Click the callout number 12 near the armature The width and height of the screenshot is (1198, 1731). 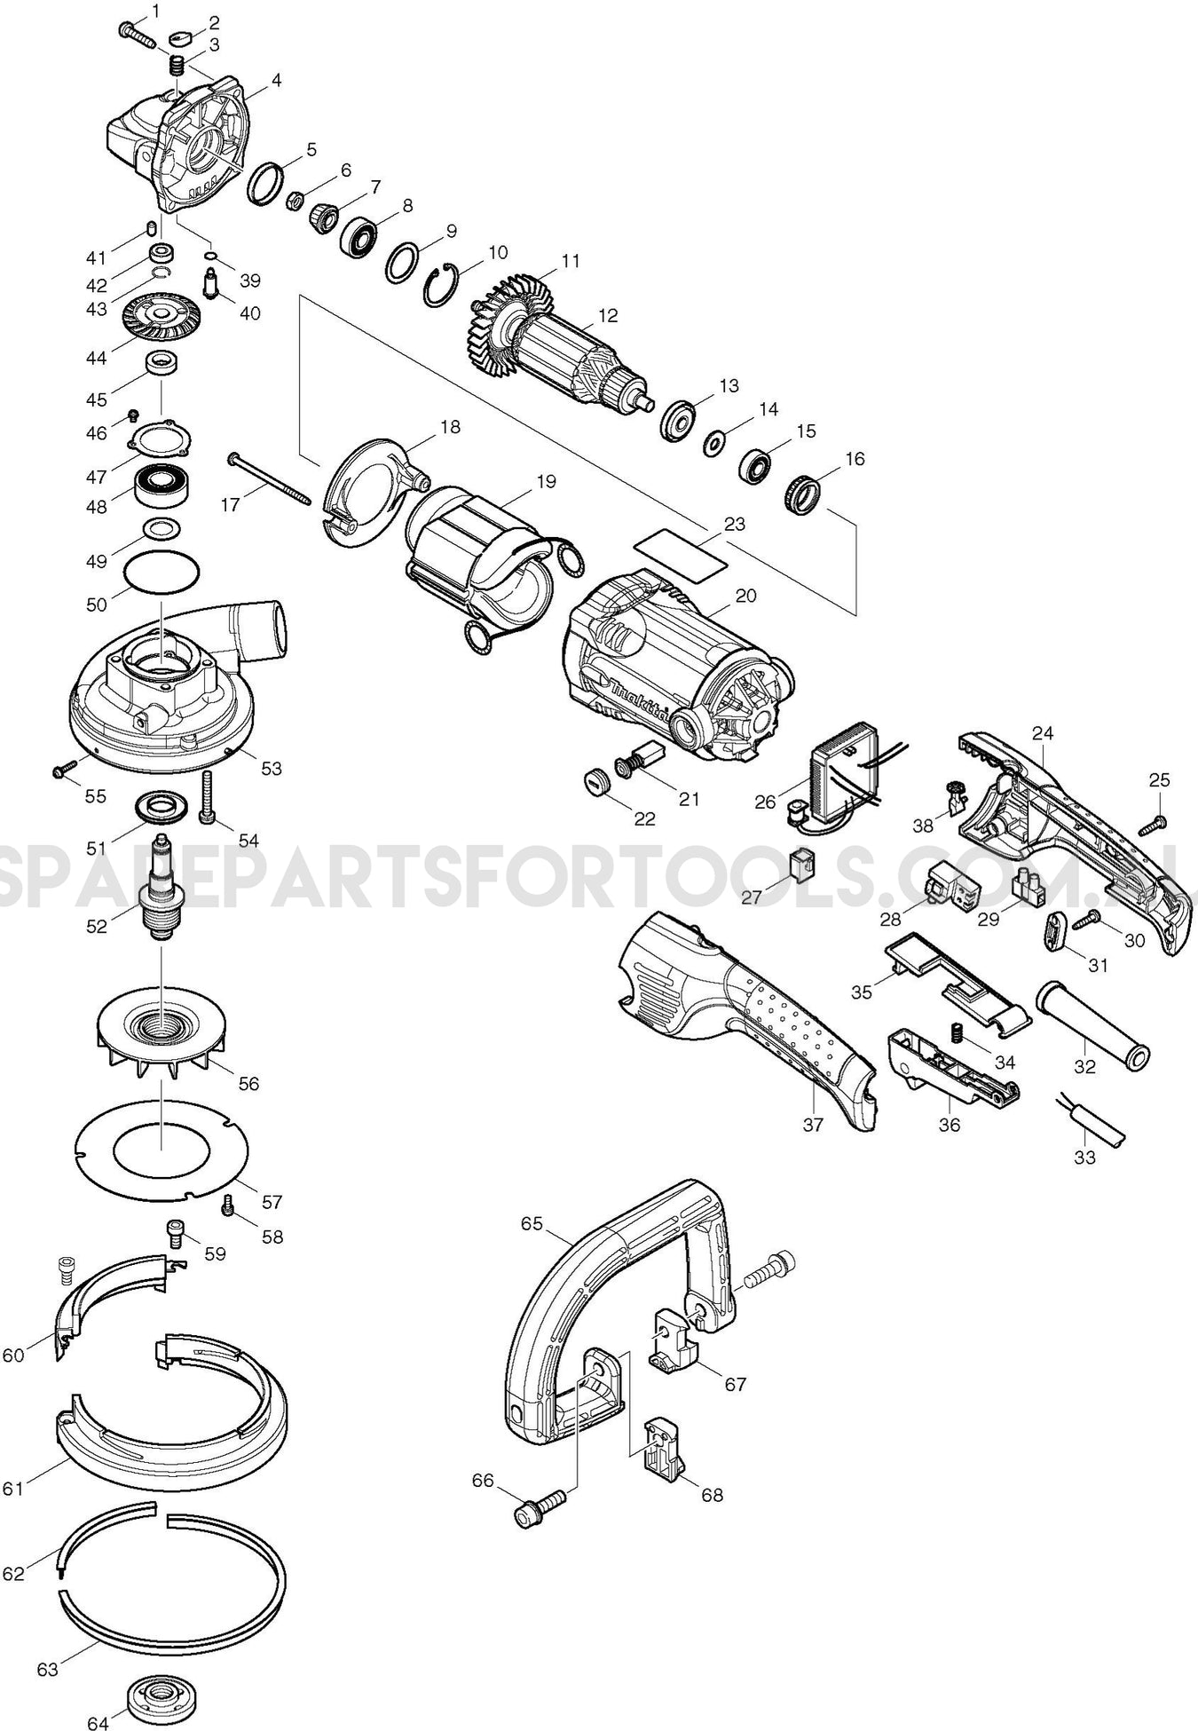pyautogui.click(x=608, y=315)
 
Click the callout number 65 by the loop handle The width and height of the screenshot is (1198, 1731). pyautogui.click(x=532, y=1223)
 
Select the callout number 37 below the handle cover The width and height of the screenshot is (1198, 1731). pyautogui.click(x=813, y=1125)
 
